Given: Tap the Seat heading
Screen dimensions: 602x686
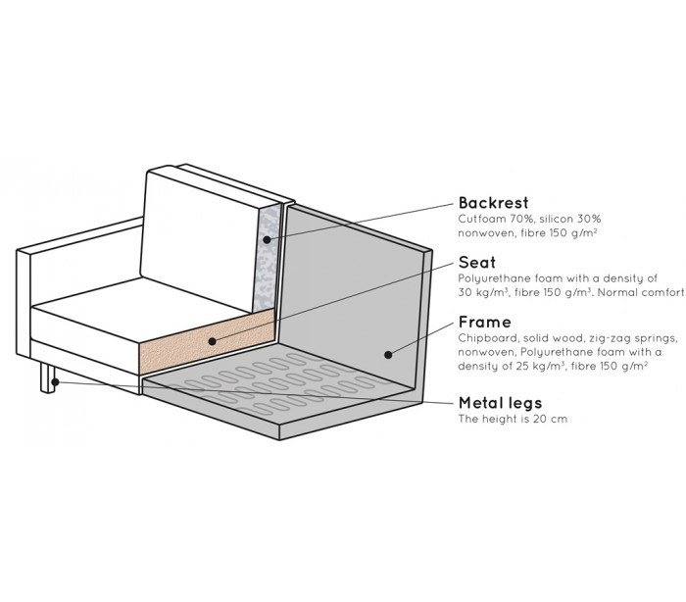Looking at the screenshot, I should point(476,263).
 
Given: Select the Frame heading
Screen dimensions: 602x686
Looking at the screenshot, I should point(484,322).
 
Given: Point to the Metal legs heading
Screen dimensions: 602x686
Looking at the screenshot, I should point(500,403).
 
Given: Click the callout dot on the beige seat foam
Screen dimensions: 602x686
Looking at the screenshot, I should point(212,342).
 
